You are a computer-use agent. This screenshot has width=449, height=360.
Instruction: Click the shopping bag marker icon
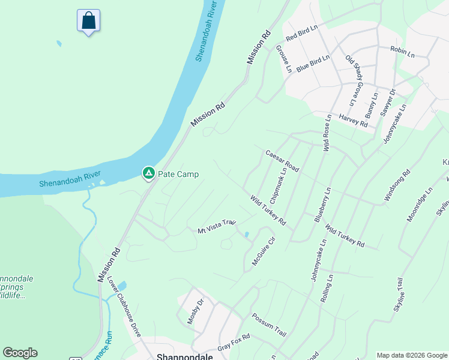pyautogui.click(x=88, y=20)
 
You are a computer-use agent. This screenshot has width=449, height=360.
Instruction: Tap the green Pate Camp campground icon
pyautogui.click(x=148, y=174)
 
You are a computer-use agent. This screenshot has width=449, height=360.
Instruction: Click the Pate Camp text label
pyautogui.click(x=178, y=175)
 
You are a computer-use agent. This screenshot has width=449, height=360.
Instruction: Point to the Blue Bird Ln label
pyautogui.click(x=313, y=63)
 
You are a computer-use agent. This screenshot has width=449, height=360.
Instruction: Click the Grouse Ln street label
pyautogui.click(x=284, y=58)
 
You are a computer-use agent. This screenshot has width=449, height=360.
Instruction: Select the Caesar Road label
pyautogui.click(x=282, y=161)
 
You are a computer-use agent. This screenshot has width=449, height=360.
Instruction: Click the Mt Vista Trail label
pyautogui.click(x=217, y=227)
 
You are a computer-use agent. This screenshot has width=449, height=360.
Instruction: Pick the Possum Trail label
pyautogui.click(x=269, y=325)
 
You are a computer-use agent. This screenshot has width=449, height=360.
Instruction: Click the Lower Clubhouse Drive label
pyautogui.click(x=124, y=307)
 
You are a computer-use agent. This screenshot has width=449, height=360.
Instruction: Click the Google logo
pyautogui.click(x=20, y=353)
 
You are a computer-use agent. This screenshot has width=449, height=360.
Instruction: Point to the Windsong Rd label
pyautogui.click(x=397, y=185)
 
